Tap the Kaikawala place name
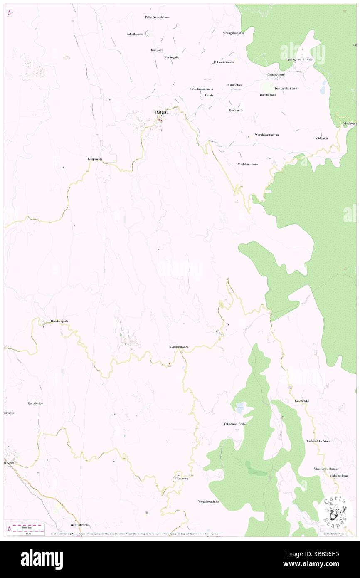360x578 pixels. (95, 159)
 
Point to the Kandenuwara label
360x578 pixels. (179, 346)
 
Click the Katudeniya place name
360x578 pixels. (35, 403)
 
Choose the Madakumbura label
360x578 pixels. (248, 164)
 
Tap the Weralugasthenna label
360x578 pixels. (266, 135)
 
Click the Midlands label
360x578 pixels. (322, 138)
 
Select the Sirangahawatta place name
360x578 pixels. (233, 32)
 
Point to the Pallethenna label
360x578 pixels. (135, 34)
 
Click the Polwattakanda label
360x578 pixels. (224, 62)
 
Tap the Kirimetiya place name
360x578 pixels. (234, 85)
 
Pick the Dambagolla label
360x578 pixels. (268, 95)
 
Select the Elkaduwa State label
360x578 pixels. (235, 424)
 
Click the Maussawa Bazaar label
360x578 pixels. (327, 469)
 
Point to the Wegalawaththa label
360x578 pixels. (208, 502)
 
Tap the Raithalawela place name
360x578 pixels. (81, 525)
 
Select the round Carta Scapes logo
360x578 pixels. (335, 511)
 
